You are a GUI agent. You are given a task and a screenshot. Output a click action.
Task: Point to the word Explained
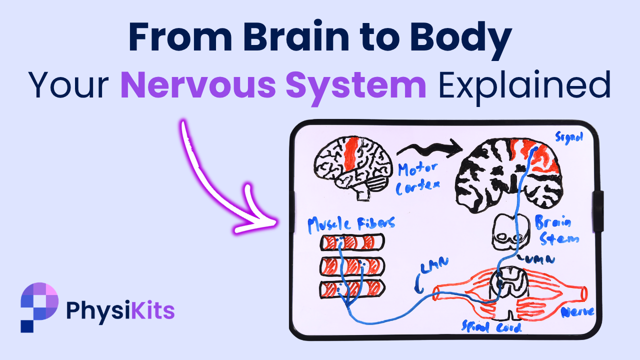click(x=524, y=85)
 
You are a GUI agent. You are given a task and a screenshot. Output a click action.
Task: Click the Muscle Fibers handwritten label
click(x=350, y=223)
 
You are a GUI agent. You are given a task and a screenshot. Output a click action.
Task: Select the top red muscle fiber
click(x=352, y=243)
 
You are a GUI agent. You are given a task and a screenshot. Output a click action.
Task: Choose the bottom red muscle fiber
click(x=352, y=288)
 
